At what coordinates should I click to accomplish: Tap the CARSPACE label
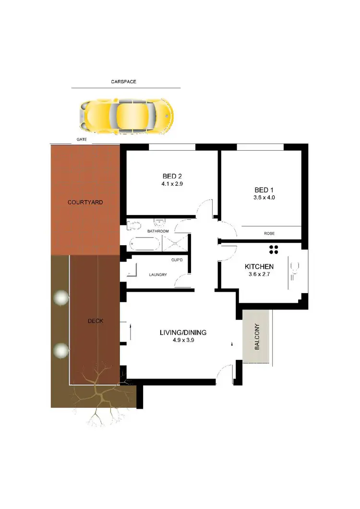coord(124,82)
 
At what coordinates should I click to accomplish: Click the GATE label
coord(81,140)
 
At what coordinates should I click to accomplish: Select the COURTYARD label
coord(85,202)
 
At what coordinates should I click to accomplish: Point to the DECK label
coord(96,321)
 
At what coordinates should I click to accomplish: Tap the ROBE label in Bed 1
coord(269,234)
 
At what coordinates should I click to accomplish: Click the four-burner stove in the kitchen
coord(274,249)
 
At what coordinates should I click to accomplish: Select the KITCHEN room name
coord(259,267)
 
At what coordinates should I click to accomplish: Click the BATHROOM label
coord(158,231)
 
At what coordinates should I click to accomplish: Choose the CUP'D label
coord(176,260)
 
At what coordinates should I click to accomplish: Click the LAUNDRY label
coord(157,275)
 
